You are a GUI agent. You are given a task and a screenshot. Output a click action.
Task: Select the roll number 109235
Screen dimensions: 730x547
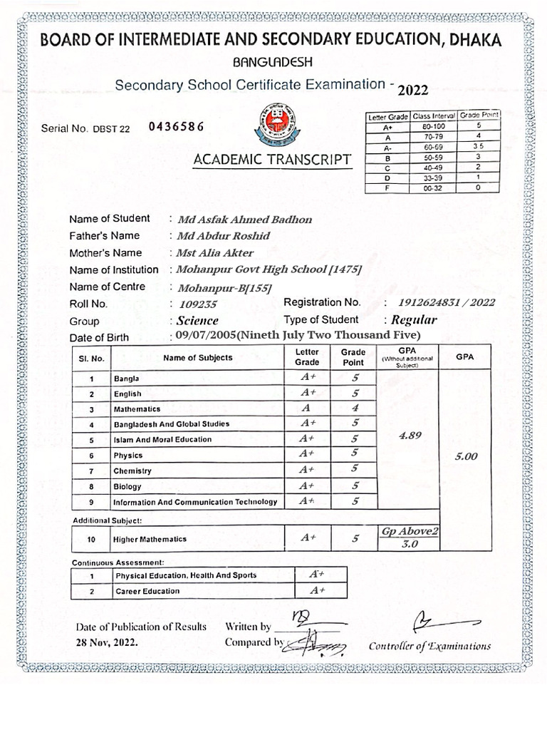tap(194, 304)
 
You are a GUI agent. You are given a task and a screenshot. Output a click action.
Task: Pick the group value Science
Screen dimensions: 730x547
tap(198, 321)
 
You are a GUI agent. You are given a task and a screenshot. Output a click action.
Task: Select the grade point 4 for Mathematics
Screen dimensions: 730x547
tap(353, 408)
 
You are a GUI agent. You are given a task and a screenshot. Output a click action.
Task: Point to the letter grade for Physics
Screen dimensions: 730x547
tap(307, 453)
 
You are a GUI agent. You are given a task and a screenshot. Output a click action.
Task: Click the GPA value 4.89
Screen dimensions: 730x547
tap(410, 437)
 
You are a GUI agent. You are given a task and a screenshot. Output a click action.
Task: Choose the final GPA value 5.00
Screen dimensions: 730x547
tap(466, 457)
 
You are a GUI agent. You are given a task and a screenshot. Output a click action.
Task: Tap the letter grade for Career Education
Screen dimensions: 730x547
tap(316, 591)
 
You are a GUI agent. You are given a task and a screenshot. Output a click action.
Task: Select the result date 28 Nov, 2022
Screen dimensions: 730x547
tap(108, 642)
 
